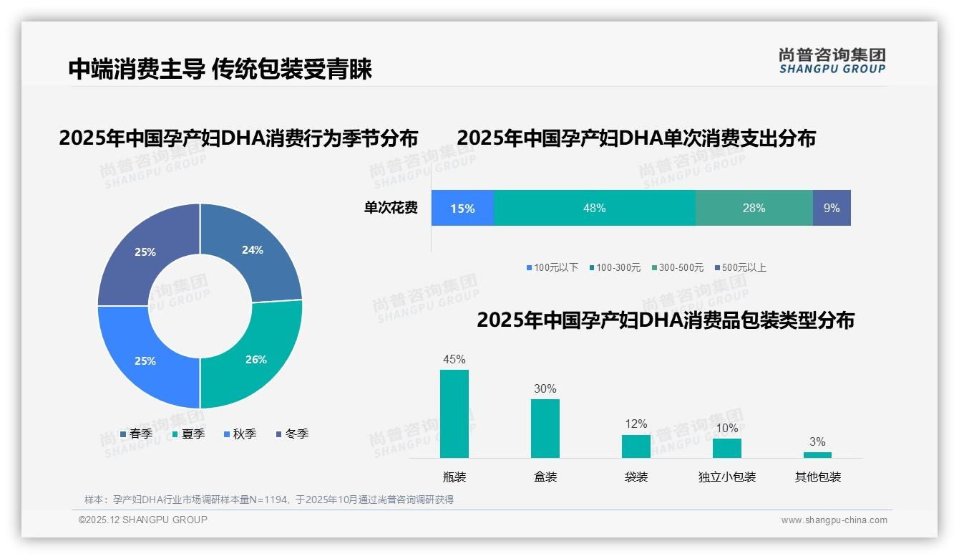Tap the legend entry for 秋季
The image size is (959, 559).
point(239,434)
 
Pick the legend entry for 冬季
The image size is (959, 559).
point(291,434)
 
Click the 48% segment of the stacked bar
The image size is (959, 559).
point(594,208)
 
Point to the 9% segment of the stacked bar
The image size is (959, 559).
point(832,208)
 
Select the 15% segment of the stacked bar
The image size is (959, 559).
point(462,208)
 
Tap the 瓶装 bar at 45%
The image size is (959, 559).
point(454,414)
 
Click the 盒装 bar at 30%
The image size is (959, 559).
point(545,428)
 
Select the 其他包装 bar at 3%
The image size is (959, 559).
point(817,455)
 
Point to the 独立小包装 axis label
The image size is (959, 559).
point(727,477)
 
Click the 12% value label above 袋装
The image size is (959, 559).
point(636,424)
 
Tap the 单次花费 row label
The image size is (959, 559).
point(391,209)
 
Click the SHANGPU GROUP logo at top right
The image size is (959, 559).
point(832,61)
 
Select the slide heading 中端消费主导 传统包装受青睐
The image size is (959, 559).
point(220,70)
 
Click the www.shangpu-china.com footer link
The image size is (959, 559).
point(834,520)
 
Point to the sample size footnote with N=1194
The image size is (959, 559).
point(269,500)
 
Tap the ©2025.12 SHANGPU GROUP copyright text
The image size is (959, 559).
point(143,520)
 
